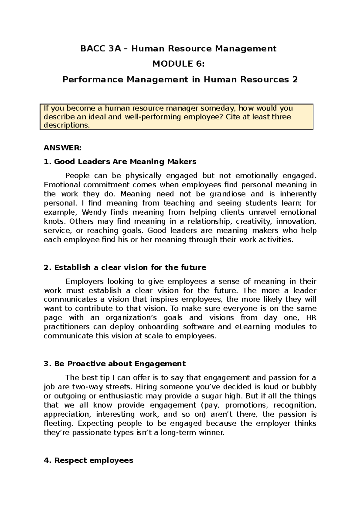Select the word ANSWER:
(x=62, y=148)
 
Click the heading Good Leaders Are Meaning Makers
(x=120, y=162)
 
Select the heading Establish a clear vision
(x=125, y=267)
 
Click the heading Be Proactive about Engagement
(x=115, y=364)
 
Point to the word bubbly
(x=304, y=387)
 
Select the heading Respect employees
(x=88, y=460)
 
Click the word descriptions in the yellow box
(x=67, y=125)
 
